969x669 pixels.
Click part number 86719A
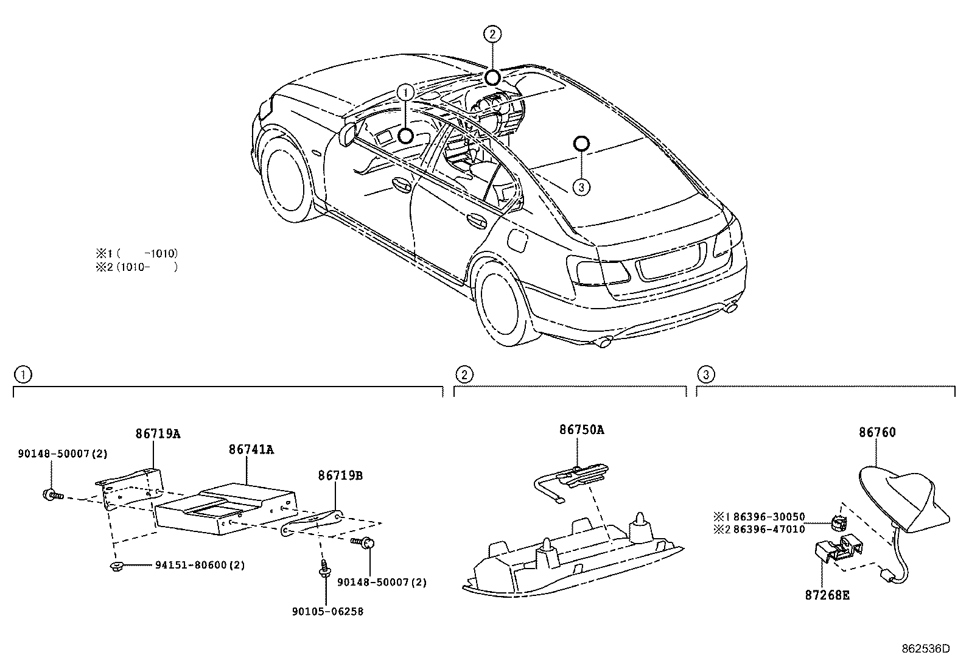point(158,434)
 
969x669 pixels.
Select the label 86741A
point(251,450)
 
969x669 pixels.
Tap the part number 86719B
point(340,475)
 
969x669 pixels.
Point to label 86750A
point(581,430)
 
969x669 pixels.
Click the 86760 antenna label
point(877,433)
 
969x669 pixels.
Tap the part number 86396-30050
point(769,517)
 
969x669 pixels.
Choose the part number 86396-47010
point(769,530)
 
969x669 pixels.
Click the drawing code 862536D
point(925,649)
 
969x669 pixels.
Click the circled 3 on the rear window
point(581,187)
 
